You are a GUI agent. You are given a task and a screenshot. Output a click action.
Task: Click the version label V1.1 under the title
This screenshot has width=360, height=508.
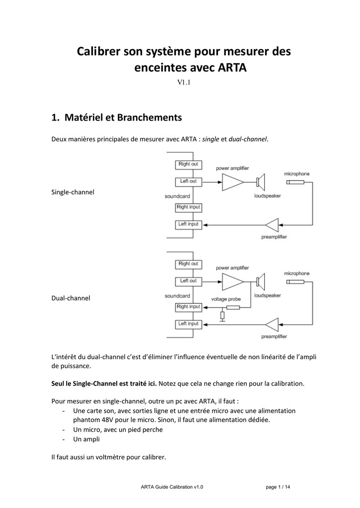click(184, 82)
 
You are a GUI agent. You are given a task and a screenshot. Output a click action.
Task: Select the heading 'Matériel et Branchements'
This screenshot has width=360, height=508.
click(123, 117)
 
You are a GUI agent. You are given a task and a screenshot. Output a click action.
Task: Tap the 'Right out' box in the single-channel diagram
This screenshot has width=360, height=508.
click(188, 164)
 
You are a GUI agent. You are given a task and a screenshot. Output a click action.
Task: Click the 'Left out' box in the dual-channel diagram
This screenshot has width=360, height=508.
click(188, 281)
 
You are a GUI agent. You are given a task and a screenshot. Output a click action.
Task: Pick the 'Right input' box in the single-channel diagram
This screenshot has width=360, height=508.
click(188, 207)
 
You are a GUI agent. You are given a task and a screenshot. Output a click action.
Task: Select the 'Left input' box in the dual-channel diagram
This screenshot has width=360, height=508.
click(188, 324)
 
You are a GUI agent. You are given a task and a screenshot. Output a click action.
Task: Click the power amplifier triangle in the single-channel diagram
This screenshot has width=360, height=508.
click(233, 182)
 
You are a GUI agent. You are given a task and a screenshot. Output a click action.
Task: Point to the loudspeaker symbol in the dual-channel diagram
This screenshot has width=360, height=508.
click(261, 282)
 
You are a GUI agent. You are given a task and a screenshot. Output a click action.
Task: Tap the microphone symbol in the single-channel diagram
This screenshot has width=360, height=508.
click(295, 183)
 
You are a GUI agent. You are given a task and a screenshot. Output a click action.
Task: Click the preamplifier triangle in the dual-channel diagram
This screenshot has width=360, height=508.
click(272, 324)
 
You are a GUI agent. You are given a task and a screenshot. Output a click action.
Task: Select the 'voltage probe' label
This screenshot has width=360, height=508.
click(226, 299)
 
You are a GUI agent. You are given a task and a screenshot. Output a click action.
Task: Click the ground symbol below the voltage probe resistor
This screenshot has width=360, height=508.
click(222, 321)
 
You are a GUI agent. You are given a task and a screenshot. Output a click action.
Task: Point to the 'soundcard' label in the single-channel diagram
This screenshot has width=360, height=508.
click(177, 196)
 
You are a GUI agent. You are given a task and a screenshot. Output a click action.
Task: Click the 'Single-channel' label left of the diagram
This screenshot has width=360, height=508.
click(72, 192)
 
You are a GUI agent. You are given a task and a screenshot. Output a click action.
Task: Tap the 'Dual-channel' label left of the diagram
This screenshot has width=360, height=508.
click(71, 298)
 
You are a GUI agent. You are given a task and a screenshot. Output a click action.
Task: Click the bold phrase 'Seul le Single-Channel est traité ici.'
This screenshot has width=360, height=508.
click(104, 383)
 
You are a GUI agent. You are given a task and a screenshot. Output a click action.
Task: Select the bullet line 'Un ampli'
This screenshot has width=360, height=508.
click(86, 440)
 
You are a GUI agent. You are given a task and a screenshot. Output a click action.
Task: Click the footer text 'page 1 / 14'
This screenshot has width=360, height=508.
click(278, 487)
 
